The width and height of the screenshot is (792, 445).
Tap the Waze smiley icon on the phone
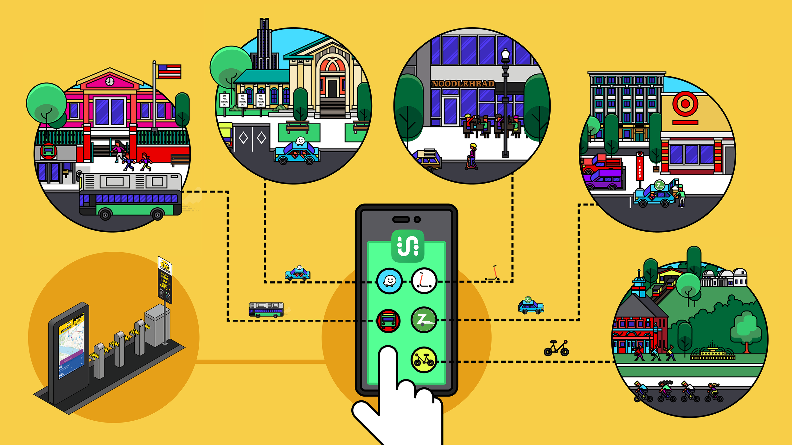point(389,281)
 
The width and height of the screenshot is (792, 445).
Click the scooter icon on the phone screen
point(424,281)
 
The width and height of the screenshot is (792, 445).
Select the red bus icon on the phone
point(388,321)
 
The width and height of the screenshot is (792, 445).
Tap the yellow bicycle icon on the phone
point(424,360)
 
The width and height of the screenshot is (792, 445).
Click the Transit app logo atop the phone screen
point(408,246)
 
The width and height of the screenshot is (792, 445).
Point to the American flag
point(169,72)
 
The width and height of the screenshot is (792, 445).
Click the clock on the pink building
point(110,81)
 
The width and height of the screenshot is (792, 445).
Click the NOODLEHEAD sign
point(463,84)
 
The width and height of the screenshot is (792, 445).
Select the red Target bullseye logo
point(685,103)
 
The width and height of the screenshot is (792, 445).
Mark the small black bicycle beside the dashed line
point(556,348)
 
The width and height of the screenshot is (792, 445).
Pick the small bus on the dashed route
point(266,310)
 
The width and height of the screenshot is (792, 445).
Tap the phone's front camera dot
point(417,219)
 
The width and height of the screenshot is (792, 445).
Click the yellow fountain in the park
point(712,353)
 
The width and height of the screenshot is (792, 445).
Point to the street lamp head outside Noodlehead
point(506,54)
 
